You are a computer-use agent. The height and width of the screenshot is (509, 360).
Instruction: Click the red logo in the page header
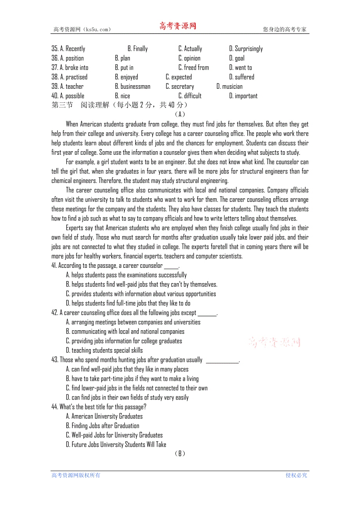click(178, 26)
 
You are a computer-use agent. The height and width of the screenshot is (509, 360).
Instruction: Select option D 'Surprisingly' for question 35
click(246, 49)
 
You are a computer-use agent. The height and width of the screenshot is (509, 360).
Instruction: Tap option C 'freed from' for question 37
click(194, 68)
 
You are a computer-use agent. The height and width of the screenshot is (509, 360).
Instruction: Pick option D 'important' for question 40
click(243, 96)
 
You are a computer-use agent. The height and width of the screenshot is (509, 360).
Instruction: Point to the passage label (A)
click(180, 114)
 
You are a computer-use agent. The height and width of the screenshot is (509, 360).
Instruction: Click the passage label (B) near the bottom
click(180, 453)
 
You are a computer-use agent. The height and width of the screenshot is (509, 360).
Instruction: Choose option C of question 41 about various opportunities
click(141, 294)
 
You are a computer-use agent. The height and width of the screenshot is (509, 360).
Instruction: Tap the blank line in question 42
click(207, 314)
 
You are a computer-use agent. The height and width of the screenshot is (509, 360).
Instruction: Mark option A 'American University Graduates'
click(104, 416)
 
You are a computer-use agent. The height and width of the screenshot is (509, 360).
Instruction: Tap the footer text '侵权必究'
click(296, 475)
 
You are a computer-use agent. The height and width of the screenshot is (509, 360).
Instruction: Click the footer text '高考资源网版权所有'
click(76, 475)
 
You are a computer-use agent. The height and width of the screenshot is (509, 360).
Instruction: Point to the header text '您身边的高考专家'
click(284, 29)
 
